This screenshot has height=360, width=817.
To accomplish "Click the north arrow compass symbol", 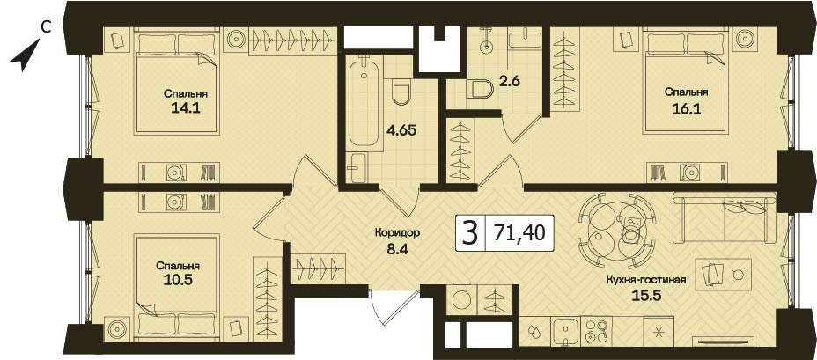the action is point(24,55).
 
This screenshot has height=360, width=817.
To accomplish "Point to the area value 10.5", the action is point(178,280).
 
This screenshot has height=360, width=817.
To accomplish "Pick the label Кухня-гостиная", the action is point(645,280).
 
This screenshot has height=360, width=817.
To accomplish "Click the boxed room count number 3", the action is point(469,233).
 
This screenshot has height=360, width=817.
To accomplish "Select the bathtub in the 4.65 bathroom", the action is point(364,100).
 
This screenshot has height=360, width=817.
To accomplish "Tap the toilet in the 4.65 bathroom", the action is point(401,92).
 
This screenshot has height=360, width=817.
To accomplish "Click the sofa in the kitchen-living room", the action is point(725,217).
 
